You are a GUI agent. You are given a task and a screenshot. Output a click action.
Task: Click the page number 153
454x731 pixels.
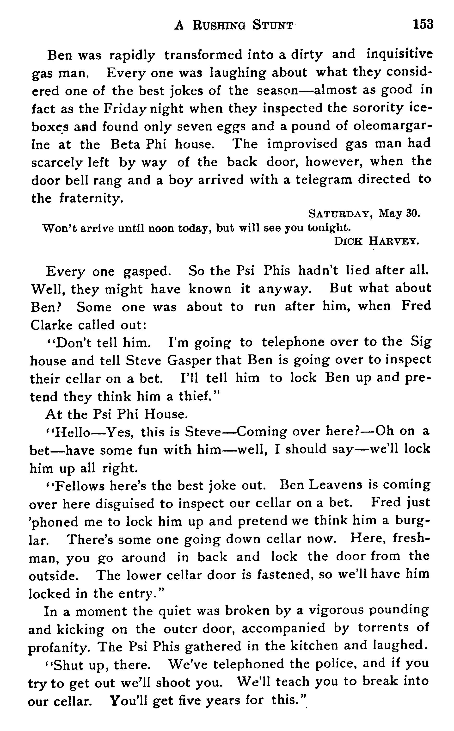pos(423,24)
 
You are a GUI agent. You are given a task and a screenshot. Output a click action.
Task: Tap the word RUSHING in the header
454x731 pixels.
pos(218,25)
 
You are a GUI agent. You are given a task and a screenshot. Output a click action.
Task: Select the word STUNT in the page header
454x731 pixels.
pos(272,25)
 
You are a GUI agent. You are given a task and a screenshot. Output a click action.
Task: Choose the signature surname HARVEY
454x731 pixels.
pos(394,241)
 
